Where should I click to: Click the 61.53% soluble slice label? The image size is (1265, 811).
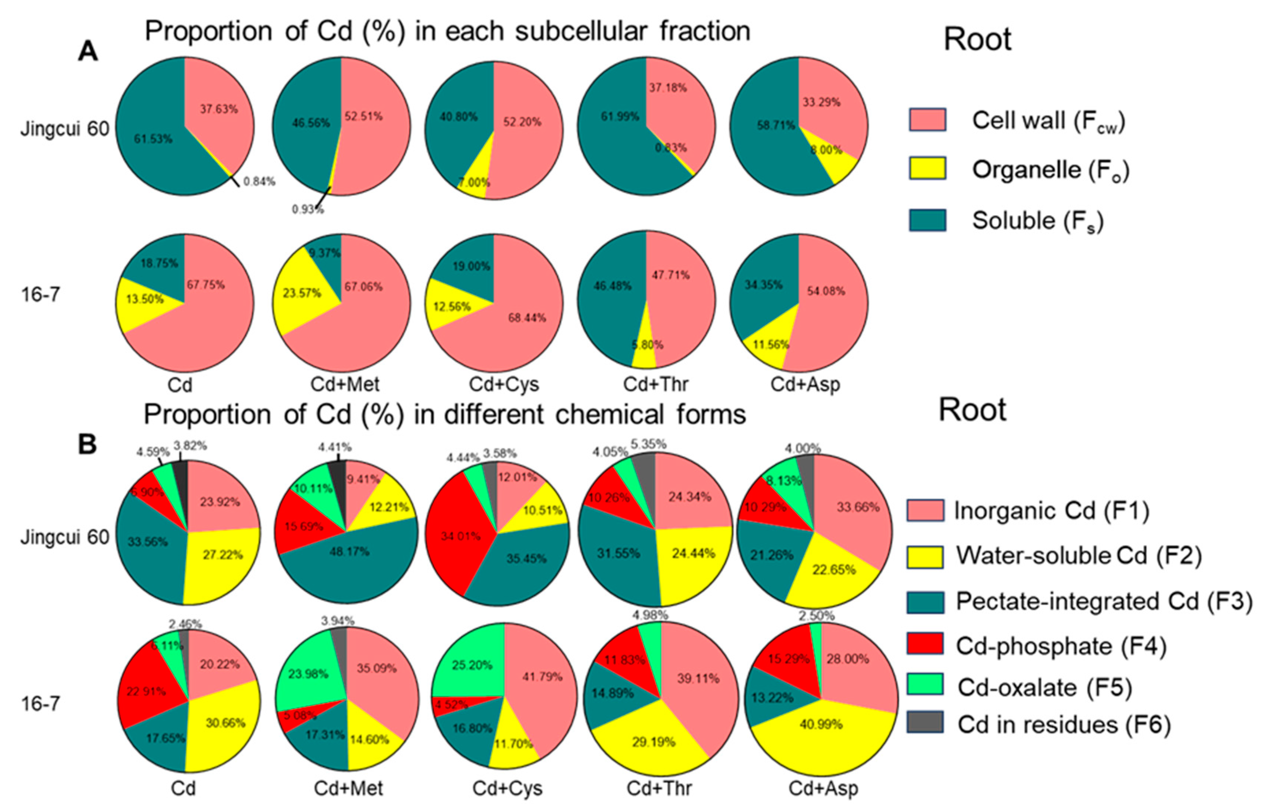(153, 139)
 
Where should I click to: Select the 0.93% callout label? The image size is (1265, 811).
(308, 210)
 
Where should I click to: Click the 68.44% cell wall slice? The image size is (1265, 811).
(526, 318)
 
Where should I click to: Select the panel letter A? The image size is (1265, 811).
(87, 52)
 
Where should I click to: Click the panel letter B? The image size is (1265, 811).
(87, 444)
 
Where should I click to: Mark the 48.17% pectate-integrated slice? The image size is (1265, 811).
(349, 552)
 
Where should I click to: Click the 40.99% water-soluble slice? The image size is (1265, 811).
(821, 725)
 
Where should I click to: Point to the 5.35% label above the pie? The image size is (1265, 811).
(649, 444)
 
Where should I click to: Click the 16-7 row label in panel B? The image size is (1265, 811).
(40, 704)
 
